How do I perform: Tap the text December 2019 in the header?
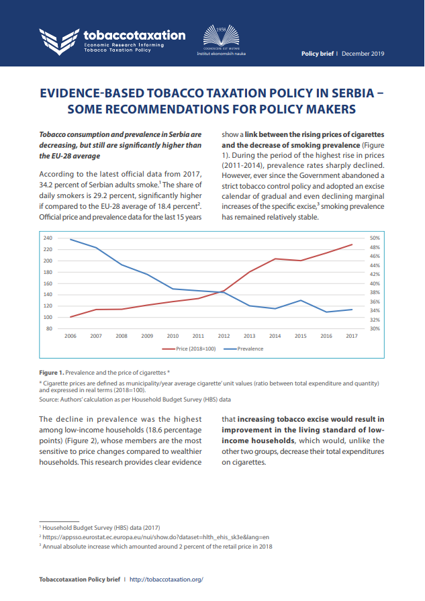point(363,54)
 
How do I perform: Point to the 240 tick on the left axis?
point(47,238)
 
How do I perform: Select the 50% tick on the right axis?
point(375,238)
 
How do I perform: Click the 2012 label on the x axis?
point(224,335)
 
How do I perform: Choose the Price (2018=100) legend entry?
point(191,349)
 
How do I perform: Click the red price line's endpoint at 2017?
point(352,244)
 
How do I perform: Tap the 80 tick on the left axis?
point(48,328)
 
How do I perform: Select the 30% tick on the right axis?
point(375,328)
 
